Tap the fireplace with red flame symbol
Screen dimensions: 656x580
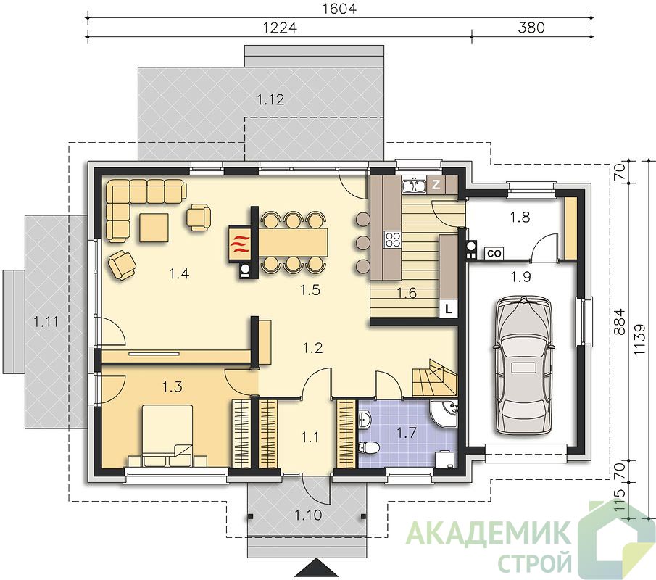(240, 244)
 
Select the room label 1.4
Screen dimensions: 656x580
(179, 273)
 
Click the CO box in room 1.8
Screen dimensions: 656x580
(494, 253)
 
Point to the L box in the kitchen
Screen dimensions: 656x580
(449, 310)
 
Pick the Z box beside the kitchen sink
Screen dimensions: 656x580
(436, 185)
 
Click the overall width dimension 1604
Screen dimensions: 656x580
(339, 9)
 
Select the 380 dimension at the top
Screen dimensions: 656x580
(531, 28)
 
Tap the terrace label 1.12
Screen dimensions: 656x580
(270, 99)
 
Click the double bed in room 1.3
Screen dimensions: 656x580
(167, 435)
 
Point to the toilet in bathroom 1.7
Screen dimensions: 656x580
(368, 448)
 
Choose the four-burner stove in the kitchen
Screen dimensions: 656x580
(392, 240)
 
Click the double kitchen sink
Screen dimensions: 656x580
(414, 185)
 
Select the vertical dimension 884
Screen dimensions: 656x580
(620, 321)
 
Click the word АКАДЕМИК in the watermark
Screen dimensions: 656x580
(489, 533)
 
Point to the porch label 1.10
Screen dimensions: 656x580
(308, 515)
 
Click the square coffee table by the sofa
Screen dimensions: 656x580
(154, 227)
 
